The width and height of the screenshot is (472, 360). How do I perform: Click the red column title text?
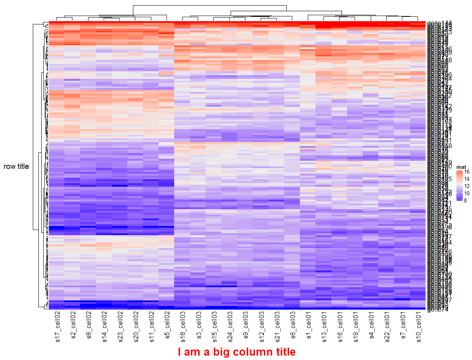237,352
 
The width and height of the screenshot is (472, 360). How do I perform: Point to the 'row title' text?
16,166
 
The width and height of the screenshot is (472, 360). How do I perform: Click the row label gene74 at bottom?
436,309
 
